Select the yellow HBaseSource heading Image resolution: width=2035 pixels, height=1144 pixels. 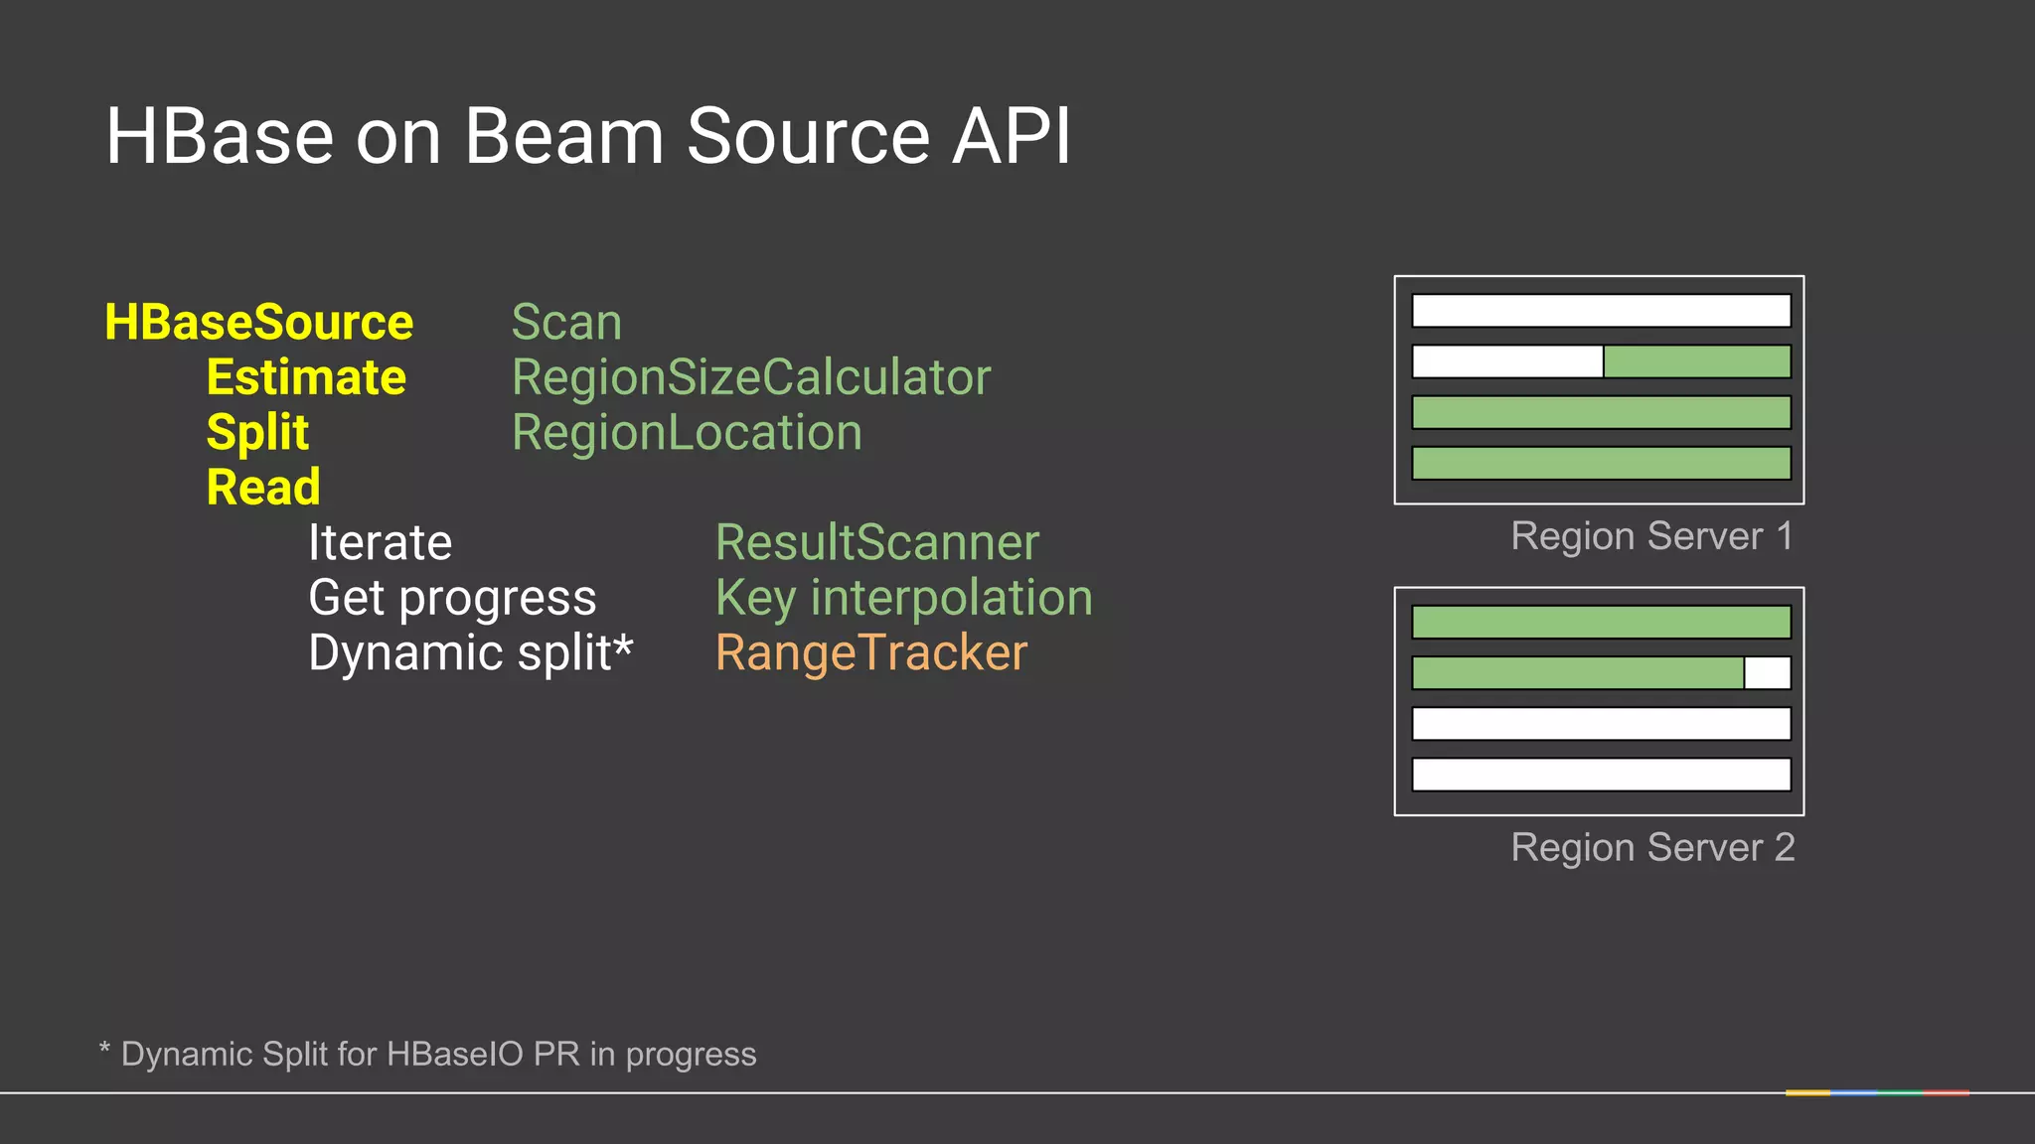click(258, 323)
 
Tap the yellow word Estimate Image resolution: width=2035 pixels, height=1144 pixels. click(306, 378)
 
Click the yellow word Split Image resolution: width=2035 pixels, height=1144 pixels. click(257, 433)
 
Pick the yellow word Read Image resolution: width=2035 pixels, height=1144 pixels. click(263, 488)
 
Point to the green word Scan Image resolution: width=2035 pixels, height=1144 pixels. click(566, 323)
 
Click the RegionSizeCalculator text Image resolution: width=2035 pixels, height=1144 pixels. click(751, 378)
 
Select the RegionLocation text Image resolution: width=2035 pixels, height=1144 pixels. click(687, 433)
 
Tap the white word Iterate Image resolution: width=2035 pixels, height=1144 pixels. click(380, 543)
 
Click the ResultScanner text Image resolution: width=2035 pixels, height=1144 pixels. click(877, 543)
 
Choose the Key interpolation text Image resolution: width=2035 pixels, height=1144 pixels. click(904, 598)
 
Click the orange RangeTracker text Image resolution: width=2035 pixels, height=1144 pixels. click(871, 653)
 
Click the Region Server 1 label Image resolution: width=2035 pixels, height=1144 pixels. click(1651, 536)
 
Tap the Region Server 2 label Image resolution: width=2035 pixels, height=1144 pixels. click(1652, 848)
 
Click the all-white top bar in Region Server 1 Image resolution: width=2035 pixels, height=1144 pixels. click(1601, 311)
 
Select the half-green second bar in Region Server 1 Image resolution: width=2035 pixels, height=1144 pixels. click(1601, 361)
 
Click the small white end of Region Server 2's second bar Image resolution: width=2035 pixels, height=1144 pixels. click(1768, 673)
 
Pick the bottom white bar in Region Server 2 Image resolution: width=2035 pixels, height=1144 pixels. click(1601, 775)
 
